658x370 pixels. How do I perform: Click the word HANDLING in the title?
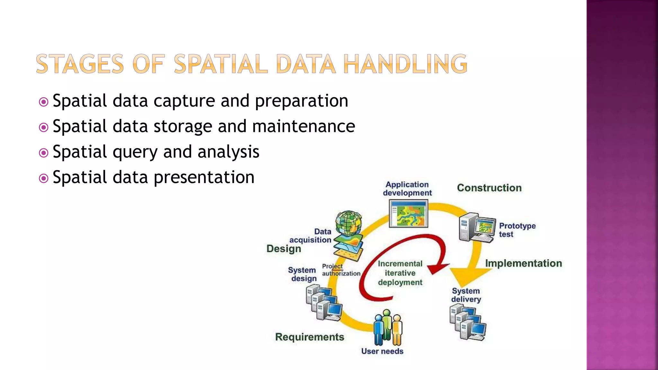click(x=405, y=64)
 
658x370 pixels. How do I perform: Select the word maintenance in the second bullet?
click(x=303, y=126)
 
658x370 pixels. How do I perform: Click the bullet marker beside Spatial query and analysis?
click(x=43, y=153)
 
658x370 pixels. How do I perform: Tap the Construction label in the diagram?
click(x=489, y=188)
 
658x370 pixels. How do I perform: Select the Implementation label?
click(x=523, y=263)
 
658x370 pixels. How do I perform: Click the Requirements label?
click(x=309, y=337)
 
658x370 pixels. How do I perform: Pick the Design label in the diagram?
click(x=284, y=249)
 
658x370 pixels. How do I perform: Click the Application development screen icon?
click(x=408, y=214)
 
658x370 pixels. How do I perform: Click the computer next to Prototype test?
click(x=477, y=227)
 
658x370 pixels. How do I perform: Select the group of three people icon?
click(x=388, y=328)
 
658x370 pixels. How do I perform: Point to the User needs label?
click(x=382, y=351)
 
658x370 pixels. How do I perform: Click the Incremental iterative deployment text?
click(x=400, y=273)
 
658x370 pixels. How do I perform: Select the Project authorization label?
click(x=341, y=270)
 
